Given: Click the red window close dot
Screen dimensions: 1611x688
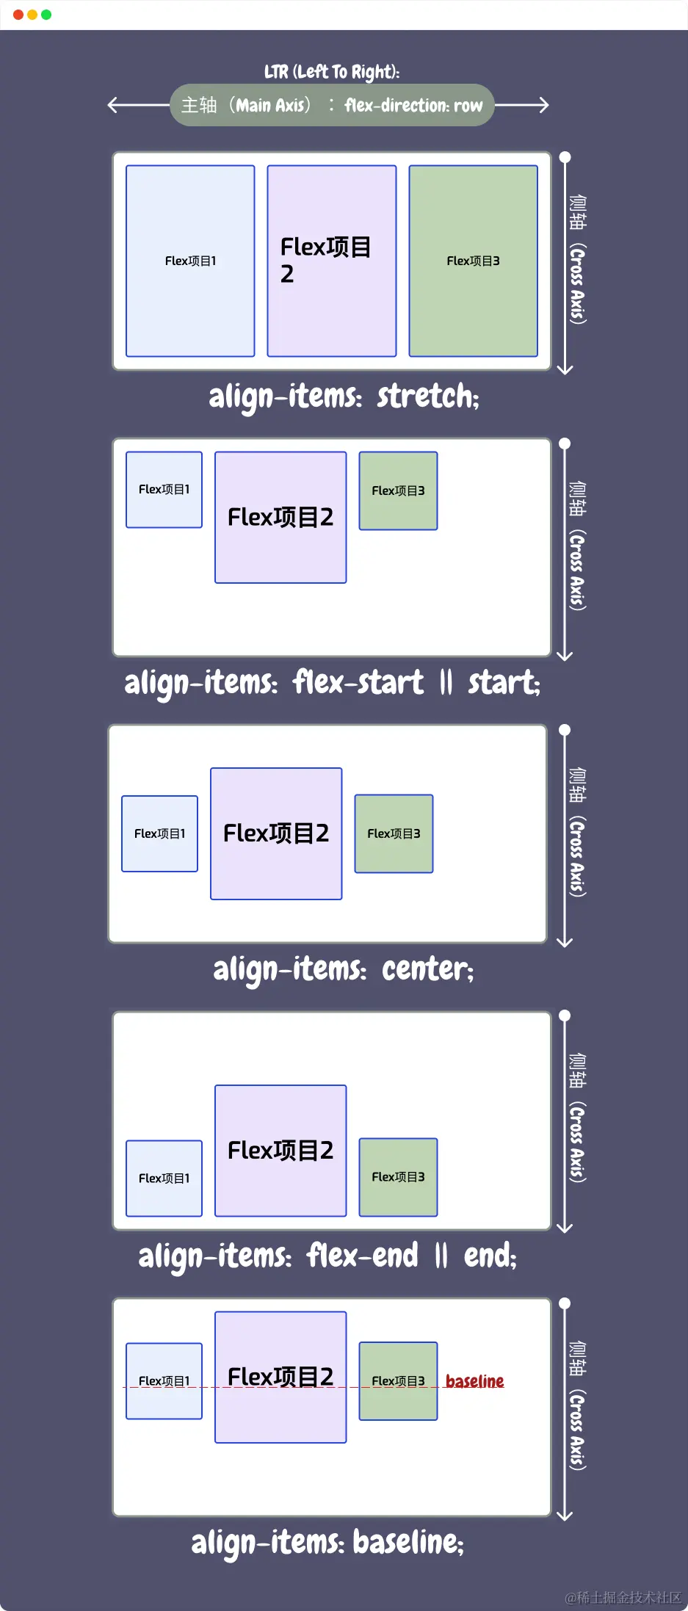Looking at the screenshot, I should (x=18, y=15).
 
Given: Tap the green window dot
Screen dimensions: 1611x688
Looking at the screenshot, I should (x=46, y=15).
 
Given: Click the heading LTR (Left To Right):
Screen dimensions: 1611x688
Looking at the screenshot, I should (x=332, y=71).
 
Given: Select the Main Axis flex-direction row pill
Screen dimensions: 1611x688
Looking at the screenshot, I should (x=332, y=105).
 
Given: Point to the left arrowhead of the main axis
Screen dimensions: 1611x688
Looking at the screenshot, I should (x=111, y=105).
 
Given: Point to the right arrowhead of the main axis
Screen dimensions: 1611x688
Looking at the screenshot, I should (x=546, y=105).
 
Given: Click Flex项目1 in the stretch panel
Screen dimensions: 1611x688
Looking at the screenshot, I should (x=190, y=261).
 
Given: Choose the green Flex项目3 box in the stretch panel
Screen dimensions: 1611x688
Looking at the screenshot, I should (x=473, y=261).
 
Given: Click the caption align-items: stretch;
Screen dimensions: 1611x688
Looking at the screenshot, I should (x=344, y=397).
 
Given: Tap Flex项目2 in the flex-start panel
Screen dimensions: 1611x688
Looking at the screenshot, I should (x=280, y=517).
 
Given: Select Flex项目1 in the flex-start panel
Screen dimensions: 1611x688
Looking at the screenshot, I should (x=164, y=489).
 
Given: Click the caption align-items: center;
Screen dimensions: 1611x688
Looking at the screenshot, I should (x=344, y=969).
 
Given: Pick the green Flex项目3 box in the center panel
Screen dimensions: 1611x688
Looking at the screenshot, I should (x=394, y=833).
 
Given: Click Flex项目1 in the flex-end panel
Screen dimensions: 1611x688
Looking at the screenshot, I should (x=164, y=1178).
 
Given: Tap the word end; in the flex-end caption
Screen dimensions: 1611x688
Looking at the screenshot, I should (x=490, y=1256).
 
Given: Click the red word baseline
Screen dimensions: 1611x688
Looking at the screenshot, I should (x=474, y=1381).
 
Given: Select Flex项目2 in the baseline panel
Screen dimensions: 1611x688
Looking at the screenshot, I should (x=280, y=1377).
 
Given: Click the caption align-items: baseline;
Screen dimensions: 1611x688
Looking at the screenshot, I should (x=327, y=1542).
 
